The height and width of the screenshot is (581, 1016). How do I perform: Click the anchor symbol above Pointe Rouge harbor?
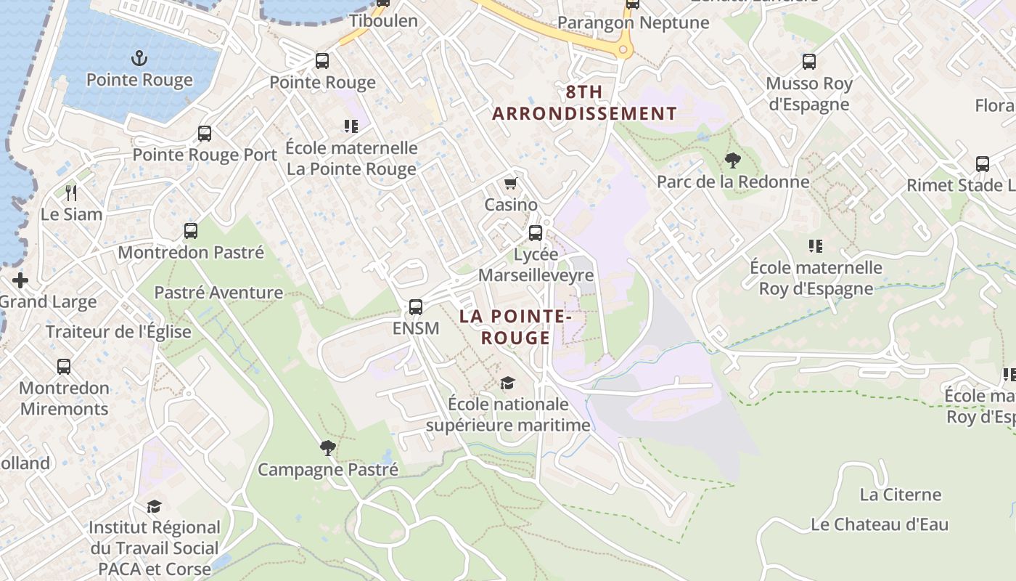[x=139, y=57]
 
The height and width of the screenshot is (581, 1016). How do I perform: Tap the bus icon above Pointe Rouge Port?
[x=205, y=134]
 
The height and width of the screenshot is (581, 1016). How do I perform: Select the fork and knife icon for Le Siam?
[x=71, y=192]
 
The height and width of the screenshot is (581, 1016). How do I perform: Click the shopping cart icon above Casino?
[x=511, y=183]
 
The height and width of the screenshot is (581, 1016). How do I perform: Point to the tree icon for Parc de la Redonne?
[x=733, y=160]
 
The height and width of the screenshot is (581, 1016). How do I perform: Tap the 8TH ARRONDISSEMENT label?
[x=584, y=103]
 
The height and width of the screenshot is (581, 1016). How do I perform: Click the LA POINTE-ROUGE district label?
[x=515, y=327]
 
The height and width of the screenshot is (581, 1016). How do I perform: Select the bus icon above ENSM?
[x=416, y=306]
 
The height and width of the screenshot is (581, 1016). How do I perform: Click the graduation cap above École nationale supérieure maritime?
[x=508, y=382]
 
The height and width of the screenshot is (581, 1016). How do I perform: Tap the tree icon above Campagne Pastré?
[x=328, y=447]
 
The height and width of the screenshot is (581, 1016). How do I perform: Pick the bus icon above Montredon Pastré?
[x=191, y=231]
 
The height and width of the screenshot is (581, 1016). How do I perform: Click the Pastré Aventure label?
[x=218, y=293]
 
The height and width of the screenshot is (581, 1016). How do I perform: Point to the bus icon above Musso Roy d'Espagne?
[x=809, y=62]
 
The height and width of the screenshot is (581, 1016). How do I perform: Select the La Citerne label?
[x=901, y=495]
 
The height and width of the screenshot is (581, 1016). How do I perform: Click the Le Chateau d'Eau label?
[x=880, y=524]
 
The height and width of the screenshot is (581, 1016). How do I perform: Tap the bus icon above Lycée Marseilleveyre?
[x=536, y=232]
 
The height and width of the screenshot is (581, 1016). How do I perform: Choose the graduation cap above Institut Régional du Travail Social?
[x=154, y=505]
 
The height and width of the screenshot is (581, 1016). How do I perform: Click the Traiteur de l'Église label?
[x=118, y=332]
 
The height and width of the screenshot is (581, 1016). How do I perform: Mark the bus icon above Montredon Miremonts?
[x=64, y=366]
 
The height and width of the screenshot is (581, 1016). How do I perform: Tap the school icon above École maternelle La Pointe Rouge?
[x=351, y=126]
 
